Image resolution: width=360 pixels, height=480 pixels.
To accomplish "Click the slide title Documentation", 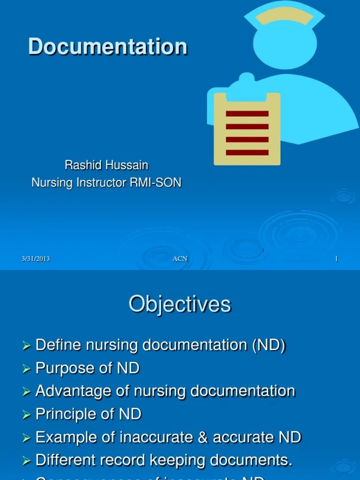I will (x=108, y=47).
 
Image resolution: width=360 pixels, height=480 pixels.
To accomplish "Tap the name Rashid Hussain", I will (x=106, y=165).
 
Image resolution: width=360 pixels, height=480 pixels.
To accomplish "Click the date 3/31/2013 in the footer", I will (x=36, y=259).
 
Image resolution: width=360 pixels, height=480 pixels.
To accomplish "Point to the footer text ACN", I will (x=180, y=259).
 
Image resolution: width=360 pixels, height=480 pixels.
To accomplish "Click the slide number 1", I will (x=336, y=259).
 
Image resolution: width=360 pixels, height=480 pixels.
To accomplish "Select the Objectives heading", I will (x=180, y=304).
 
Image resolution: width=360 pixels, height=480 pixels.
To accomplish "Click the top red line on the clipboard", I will (x=247, y=114).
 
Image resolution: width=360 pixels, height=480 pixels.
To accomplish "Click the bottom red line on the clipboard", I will (x=247, y=152).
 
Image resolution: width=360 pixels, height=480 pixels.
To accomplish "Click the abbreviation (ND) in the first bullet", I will (x=269, y=345).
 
